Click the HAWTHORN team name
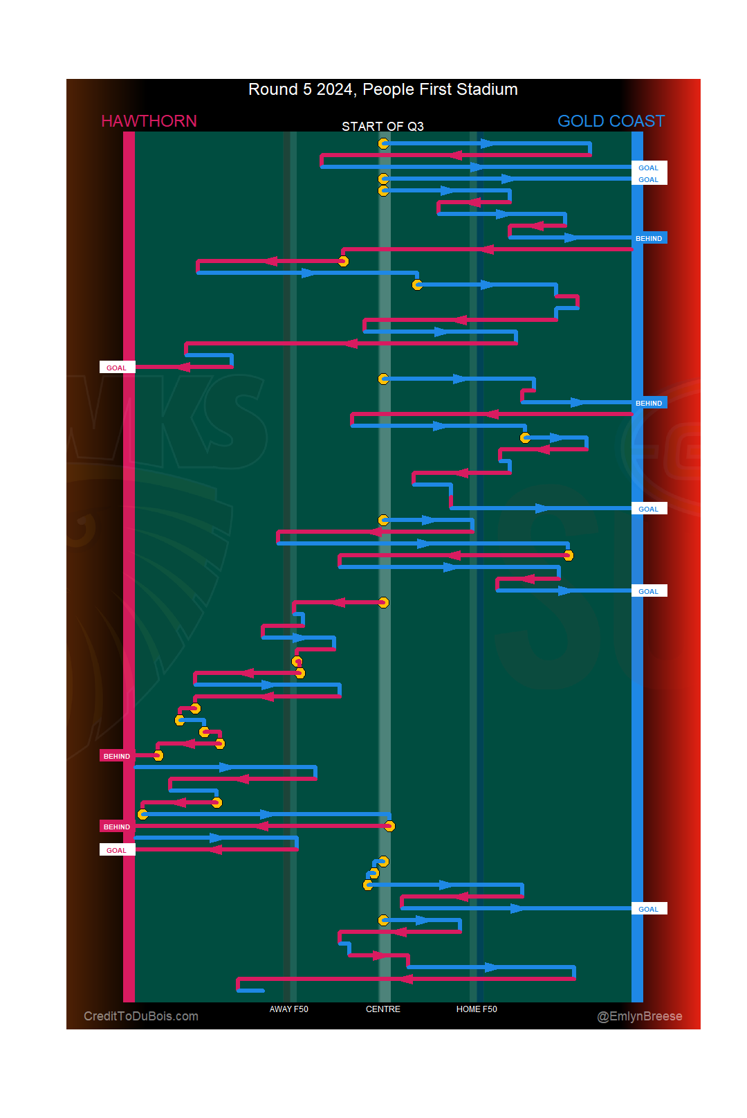(149, 121)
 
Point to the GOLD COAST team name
(611, 121)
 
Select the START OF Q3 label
(382, 127)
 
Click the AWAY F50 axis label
(288, 1009)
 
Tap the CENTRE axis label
(382, 1009)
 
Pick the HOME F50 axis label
(477, 1009)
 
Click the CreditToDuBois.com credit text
(141, 1016)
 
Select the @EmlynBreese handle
(639, 1016)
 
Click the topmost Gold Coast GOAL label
(648, 168)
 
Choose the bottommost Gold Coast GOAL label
(648, 910)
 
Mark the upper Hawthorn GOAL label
(117, 368)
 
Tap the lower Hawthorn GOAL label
(117, 851)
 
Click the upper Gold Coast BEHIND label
(649, 239)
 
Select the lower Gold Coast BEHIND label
(649, 404)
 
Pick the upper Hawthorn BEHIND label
(117, 757)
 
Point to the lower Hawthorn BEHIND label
(117, 827)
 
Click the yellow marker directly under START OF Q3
(383, 143)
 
